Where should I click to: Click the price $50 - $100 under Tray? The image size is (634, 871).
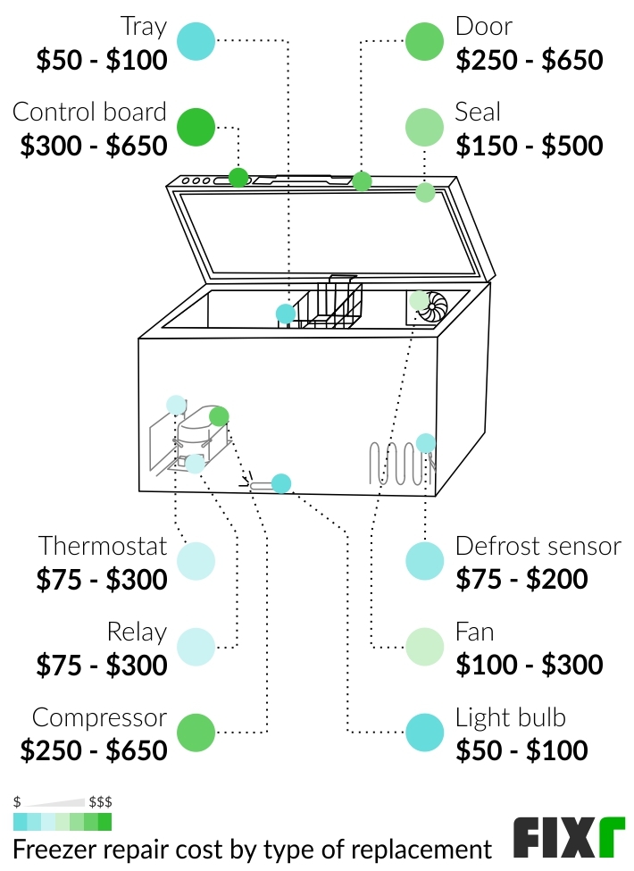[102, 61]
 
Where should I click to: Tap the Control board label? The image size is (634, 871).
[89, 113]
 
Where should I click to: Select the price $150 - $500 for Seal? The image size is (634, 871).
[530, 146]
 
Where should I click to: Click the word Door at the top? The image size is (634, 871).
[484, 27]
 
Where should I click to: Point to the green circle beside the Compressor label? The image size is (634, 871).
[196, 733]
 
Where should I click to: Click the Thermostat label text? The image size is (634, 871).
[103, 546]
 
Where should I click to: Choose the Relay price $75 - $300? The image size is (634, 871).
[102, 665]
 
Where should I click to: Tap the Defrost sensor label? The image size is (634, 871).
[538, 546]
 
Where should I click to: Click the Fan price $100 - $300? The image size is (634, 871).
[530, 665]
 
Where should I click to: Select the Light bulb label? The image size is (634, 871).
[510, 717]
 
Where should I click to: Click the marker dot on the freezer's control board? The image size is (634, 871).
[238, 177]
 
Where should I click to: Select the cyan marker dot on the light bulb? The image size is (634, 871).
[281, 483]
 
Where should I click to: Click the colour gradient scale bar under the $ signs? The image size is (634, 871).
[63, 821]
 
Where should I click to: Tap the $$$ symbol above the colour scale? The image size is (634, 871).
[100, 801]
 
